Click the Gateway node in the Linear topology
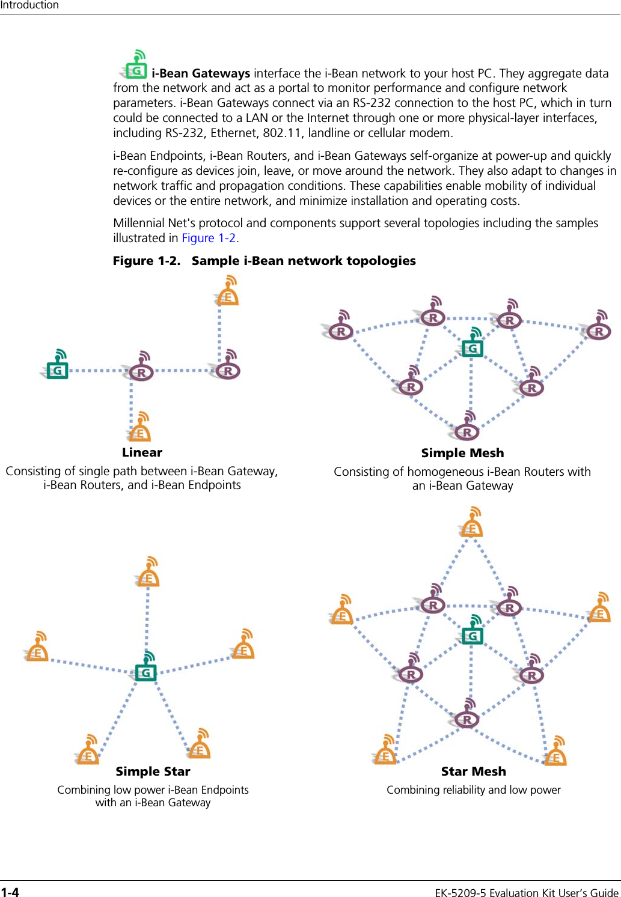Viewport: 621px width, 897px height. tap(58, 369)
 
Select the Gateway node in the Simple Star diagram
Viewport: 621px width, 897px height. tap(145, 672)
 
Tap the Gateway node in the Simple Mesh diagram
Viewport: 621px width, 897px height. tap(473, 347)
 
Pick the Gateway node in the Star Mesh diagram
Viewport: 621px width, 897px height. tap(473, 634)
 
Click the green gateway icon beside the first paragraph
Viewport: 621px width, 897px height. tap(136, 68)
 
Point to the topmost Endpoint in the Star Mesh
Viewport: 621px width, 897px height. tap(472, 527)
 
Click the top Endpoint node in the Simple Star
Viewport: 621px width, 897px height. tap(148, 577)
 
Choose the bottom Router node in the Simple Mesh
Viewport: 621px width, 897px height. tap(467, 431)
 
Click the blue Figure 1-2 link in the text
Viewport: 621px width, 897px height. tap(209, 238)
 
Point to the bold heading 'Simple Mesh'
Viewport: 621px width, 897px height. tap(462, 453)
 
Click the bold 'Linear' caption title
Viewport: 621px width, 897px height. tap(142, 452)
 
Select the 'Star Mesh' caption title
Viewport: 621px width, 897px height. tap(473, 771)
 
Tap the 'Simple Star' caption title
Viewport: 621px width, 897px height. tap(153, 771)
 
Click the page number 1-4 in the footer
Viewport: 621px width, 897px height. tap(10, 892)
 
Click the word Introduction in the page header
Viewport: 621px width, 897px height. tap(29, 5)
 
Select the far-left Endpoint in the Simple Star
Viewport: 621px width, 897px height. tap(37, 651)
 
